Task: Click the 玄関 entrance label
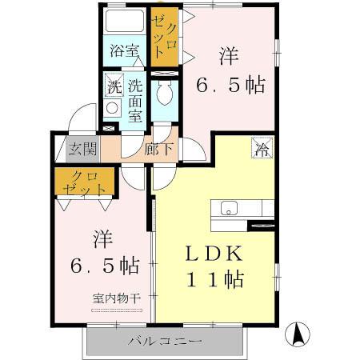81,149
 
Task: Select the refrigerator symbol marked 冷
261,147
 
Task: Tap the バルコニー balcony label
166,342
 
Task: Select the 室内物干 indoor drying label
117,298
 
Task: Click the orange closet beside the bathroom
166,36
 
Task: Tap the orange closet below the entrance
81,183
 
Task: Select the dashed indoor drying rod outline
117,310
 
